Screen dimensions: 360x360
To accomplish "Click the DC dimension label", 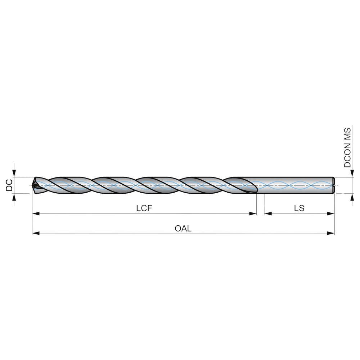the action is [x=9, y=185].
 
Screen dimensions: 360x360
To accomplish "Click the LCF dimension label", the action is [x=144, y=208].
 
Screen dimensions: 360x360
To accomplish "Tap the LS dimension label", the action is [x=299, y=208].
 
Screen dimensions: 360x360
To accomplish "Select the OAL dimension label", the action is [x=183, y=229].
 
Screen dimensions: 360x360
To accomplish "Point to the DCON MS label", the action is [x=348, y=148].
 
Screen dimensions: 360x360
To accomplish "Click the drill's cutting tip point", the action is [x=33, y=185].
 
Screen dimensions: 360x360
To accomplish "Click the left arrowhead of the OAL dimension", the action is [x=36, y=233].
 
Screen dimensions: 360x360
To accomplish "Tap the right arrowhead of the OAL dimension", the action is [x=330, y=233].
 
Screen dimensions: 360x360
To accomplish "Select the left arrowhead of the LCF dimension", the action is [x=36, y=213].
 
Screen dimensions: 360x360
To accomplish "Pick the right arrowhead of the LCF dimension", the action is [x=253, y=213].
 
